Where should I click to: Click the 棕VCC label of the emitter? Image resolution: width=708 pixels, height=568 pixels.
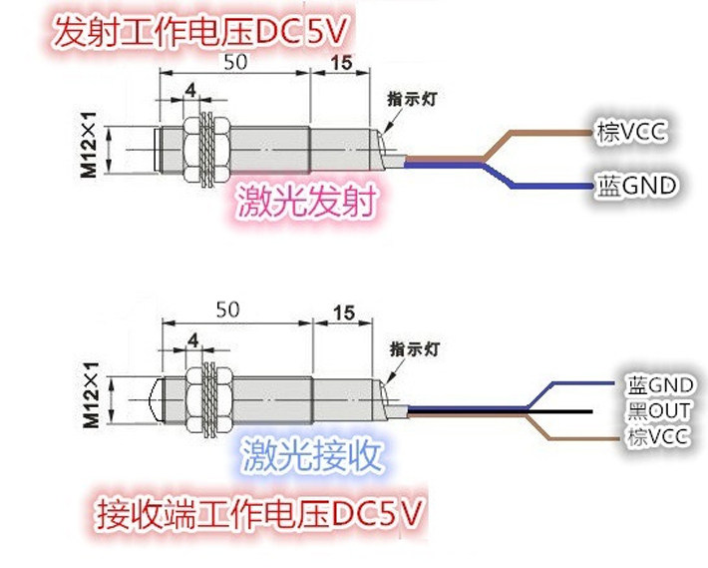tap(631, 132)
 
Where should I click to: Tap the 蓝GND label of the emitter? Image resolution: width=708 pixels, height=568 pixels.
tap(637, 186)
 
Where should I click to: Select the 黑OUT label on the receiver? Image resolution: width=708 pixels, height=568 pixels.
tap(659, 411)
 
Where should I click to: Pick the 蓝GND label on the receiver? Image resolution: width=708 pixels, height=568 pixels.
tap(660, 385)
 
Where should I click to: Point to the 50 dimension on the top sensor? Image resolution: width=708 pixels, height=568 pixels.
tap(235, 62)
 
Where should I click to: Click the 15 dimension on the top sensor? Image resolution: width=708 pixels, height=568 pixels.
tap(341, 63)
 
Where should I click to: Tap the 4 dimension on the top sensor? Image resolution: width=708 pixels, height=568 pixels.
tap(191, 91)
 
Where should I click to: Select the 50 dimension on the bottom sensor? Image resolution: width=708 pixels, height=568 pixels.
tap(228, 309)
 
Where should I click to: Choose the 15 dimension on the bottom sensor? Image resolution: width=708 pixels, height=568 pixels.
tap(344, 312)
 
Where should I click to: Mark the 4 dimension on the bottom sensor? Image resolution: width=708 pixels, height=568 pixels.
tap(193, 340)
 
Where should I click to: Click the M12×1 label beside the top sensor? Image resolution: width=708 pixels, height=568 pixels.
tap(89, 145)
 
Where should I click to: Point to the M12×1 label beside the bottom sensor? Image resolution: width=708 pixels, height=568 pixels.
tap(92, 395)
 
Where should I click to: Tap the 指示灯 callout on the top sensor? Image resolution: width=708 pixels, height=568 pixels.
tap(412, 99)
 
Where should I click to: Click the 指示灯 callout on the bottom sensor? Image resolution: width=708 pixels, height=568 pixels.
tap(415, 348)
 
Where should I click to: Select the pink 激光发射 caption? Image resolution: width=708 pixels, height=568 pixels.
tap(306, 201)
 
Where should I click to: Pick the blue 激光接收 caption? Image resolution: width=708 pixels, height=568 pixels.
tap(312, 455)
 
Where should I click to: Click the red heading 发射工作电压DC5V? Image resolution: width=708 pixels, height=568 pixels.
tap(200, 32)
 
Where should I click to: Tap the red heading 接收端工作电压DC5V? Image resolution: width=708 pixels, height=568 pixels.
tap(259, 514)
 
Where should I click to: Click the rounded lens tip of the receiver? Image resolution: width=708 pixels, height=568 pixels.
tap(156, 400)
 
